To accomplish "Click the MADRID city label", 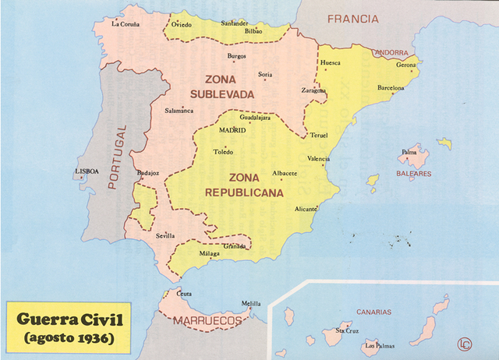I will pos(232,130).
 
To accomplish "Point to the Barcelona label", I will pos(391,88).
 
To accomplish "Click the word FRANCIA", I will pos(352,18).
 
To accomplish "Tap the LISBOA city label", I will pos(87,171).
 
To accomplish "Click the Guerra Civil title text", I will pos(71,319).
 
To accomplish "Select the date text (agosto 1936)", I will pos(70,337).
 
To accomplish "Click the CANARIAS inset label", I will pos(373,312).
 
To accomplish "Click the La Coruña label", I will pos(126,24).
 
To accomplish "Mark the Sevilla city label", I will pos(165,235).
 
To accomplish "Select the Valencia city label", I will pos(318,159).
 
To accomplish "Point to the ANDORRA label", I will pos(391,53).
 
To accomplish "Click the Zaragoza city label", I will pos(313,90).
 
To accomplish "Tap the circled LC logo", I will pos(466,343).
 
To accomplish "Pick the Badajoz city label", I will pos(147,172).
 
